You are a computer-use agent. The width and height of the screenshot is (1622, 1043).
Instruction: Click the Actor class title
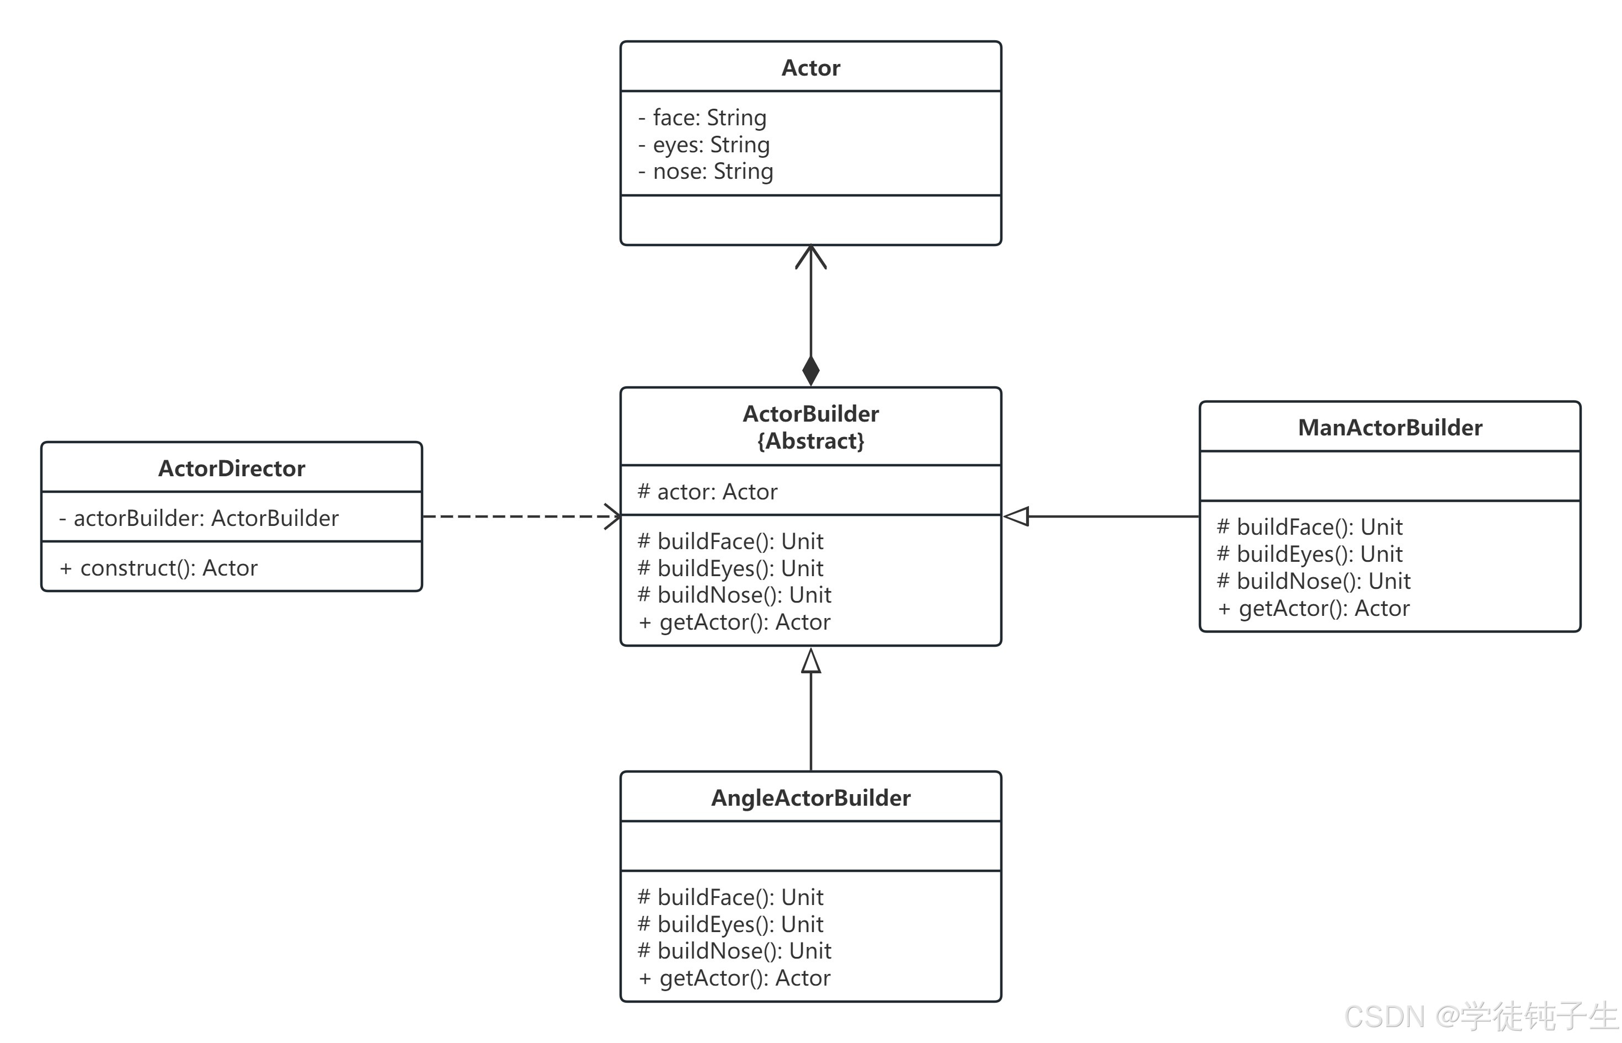(810, 68)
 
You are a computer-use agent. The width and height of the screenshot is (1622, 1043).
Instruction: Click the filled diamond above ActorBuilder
(810, 370)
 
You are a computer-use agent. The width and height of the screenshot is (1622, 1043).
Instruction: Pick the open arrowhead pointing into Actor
(810, 257)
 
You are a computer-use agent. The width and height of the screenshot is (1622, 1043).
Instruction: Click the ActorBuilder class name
(810, 414)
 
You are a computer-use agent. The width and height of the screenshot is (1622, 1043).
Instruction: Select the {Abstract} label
(810, 441)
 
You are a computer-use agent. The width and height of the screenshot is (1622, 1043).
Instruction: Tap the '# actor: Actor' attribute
(707, 492)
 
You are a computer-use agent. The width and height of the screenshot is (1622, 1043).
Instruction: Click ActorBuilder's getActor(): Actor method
(734, 622)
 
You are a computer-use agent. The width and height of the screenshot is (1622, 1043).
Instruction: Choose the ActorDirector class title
(232, 469)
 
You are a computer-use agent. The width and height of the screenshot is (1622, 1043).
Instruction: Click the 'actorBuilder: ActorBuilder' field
(199, 518)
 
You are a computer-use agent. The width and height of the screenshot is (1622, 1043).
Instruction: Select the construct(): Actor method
(158, 567)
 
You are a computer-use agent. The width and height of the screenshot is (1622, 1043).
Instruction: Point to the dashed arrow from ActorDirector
(521, 516)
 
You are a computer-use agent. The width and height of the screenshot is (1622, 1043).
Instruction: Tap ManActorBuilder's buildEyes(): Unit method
(1309, 554)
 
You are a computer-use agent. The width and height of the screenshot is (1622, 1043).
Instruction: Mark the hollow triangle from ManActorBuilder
(1016, 516)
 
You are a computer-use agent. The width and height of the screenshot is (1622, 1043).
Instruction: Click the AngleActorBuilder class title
(810, 798)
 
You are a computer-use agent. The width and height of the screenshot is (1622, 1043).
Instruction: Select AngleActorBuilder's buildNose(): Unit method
(734, 951)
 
